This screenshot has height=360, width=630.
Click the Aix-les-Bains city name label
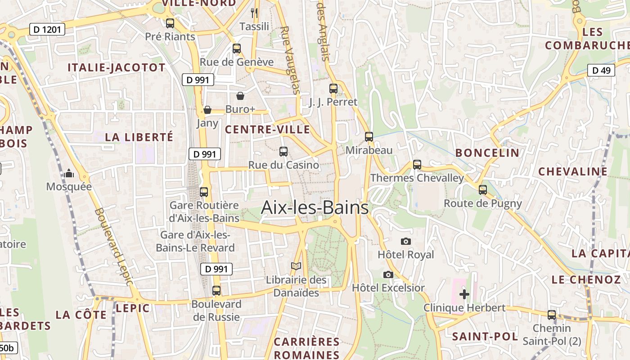point(315,208)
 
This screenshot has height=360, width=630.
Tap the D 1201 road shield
point(47,30)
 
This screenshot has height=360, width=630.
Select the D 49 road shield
point(601,70)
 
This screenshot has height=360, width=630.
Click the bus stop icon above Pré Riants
point(170,23)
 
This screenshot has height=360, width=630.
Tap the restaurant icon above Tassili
point(254,13)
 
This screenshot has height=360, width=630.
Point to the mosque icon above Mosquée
point(69,173)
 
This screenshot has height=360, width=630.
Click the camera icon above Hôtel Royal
point(406,242)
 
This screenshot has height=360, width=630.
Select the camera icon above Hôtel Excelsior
point(388,274)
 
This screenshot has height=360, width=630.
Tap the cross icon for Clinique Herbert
point(464,295)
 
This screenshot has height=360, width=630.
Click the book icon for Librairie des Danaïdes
point(296,266)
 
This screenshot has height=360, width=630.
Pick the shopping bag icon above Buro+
point(240,96)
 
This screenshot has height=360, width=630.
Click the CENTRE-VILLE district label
point(267,130)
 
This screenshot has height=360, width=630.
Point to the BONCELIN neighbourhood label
point(487,153)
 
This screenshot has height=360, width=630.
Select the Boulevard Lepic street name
point(114,246)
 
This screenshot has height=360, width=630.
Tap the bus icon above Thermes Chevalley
point(417,165)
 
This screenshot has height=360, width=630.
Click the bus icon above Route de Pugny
point(483,190)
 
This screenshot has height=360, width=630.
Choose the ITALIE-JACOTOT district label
point(117,68)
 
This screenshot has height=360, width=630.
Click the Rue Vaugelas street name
point(290,60)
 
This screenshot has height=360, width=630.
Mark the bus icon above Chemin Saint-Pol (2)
point(552,315)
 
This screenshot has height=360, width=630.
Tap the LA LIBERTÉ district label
point(139,137)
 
